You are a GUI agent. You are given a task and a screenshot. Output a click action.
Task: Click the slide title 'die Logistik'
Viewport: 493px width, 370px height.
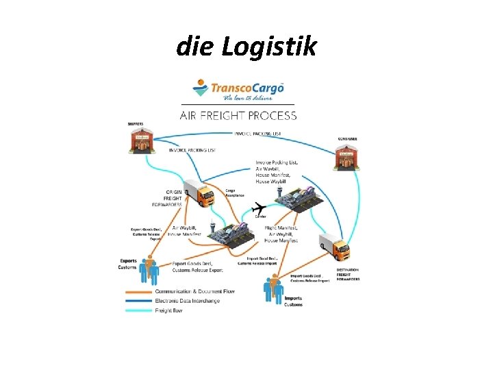(246, 47)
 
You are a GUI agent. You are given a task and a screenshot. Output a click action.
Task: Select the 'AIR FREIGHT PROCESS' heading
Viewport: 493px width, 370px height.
(238, 115)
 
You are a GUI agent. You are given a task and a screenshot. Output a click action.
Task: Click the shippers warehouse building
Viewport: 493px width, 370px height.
(141, 142)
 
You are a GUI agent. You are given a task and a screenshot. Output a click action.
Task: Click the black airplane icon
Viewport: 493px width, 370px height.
(260, 208)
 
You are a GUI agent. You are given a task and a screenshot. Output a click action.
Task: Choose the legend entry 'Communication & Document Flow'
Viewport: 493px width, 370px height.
(194, 291)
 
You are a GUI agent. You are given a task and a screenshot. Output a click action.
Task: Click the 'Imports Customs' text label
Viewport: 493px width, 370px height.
(293, 301)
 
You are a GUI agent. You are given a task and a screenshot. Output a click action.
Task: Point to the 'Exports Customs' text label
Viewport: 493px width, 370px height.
(128, 264)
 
